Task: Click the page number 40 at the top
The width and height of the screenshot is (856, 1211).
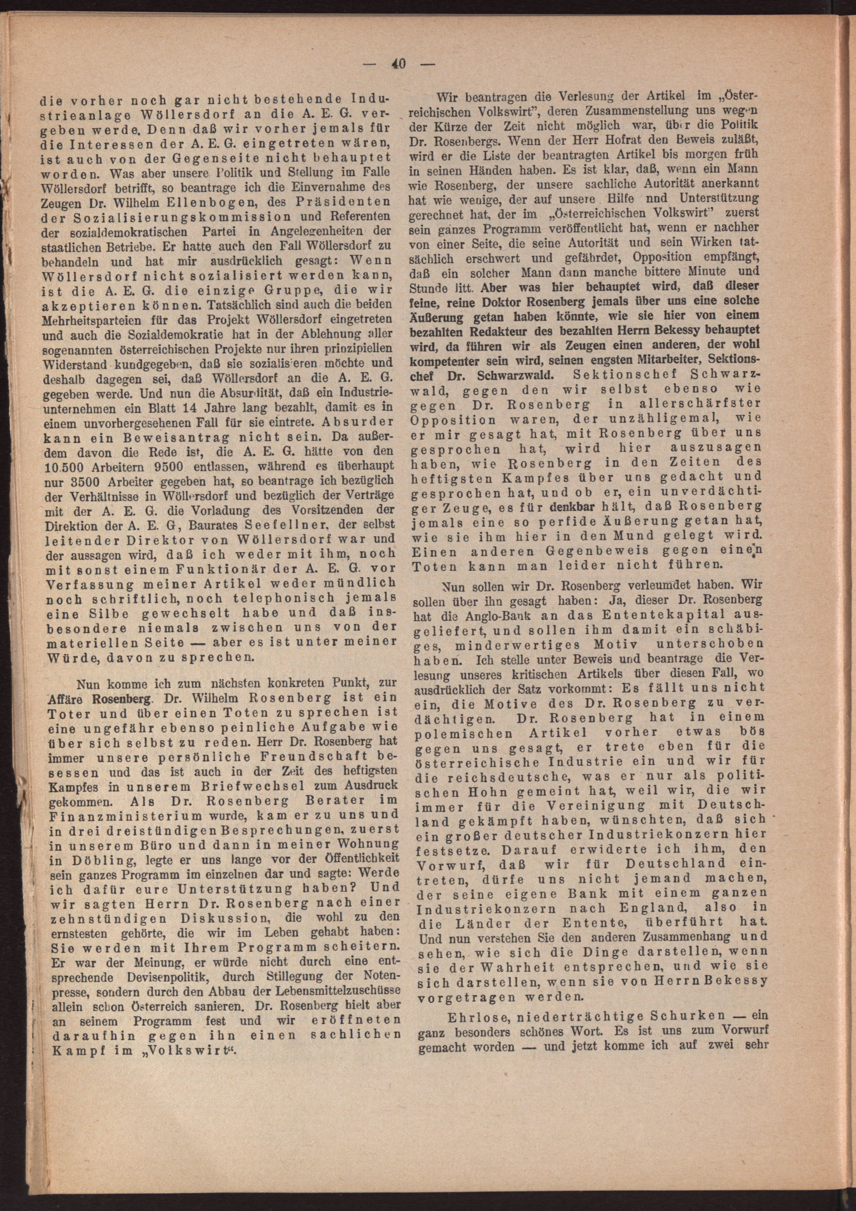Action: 398,64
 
